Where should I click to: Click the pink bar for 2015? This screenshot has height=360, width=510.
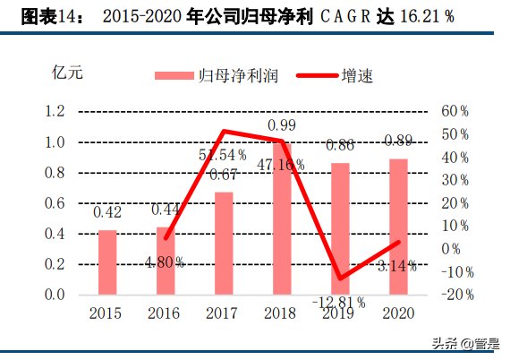[107, 262]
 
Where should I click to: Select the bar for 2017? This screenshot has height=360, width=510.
[224, 243]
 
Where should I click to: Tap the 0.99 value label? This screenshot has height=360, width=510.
[281, 124]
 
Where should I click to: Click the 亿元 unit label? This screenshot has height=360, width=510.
[69, 72]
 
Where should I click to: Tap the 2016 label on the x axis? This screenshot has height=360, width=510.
[165, 313]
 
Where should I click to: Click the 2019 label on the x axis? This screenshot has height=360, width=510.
[339, 313]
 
